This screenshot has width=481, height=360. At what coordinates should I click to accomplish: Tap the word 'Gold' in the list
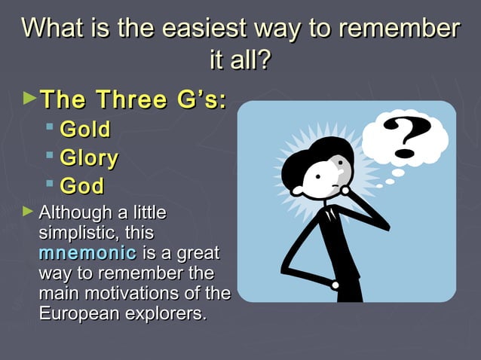pyautogui.click(x=85, y=130)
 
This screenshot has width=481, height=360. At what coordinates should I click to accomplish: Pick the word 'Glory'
pyautogui.click(x=89, y=158)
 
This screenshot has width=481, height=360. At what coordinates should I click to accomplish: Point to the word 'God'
pyautogui.click(x=82, y=186)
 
